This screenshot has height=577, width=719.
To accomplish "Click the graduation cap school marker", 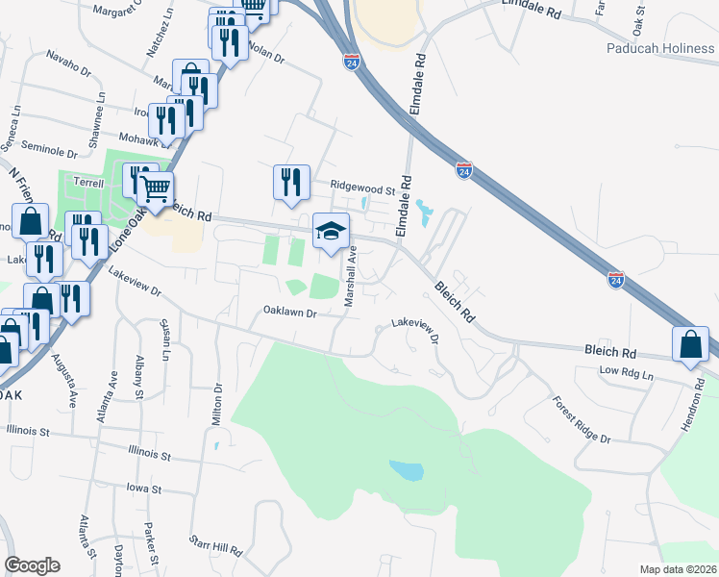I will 330,232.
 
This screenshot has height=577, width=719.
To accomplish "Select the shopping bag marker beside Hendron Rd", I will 691,345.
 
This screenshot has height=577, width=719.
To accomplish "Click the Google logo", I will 32,564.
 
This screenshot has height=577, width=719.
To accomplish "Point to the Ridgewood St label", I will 363,190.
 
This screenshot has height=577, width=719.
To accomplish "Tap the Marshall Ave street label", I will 351,276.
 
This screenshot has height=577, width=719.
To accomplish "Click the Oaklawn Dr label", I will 289,313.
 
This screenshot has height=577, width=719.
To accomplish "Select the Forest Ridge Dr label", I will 582,421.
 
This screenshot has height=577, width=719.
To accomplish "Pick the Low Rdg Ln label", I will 626,371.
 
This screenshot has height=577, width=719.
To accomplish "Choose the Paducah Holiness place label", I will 660,48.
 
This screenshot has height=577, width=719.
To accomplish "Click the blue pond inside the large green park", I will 407,470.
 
